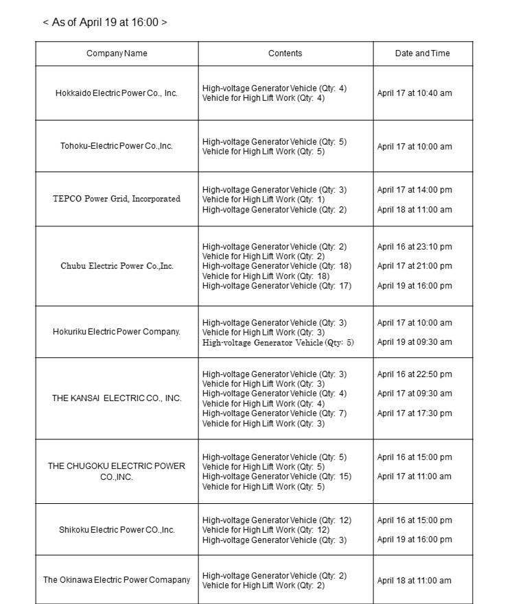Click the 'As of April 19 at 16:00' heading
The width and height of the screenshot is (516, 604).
105,22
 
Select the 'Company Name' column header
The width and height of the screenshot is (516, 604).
117,53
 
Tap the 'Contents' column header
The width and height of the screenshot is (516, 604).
285,53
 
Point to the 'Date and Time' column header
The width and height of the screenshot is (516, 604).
423,53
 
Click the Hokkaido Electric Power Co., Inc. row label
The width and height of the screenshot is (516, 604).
117,93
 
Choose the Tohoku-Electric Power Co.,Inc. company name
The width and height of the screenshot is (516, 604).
117,146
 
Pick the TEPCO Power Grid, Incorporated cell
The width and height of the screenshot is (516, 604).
117,199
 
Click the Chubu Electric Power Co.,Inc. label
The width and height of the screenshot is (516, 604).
117,266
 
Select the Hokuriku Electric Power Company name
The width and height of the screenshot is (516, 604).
117,332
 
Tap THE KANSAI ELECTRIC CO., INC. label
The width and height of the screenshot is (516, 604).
117,398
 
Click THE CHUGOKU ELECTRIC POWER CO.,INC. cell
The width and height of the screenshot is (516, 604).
117,471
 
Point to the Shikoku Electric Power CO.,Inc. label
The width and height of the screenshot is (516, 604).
117,530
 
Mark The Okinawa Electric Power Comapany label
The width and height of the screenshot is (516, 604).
117,580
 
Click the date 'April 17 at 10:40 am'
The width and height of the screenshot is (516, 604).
414,93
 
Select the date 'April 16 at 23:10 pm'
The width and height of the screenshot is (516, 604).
414,247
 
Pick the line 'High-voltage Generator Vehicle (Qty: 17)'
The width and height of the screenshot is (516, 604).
277,286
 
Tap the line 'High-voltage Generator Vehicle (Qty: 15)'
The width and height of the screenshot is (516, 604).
277,476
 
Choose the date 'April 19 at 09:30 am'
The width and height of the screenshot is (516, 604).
414,342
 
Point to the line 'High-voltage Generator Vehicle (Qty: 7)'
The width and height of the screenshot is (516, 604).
274,413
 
